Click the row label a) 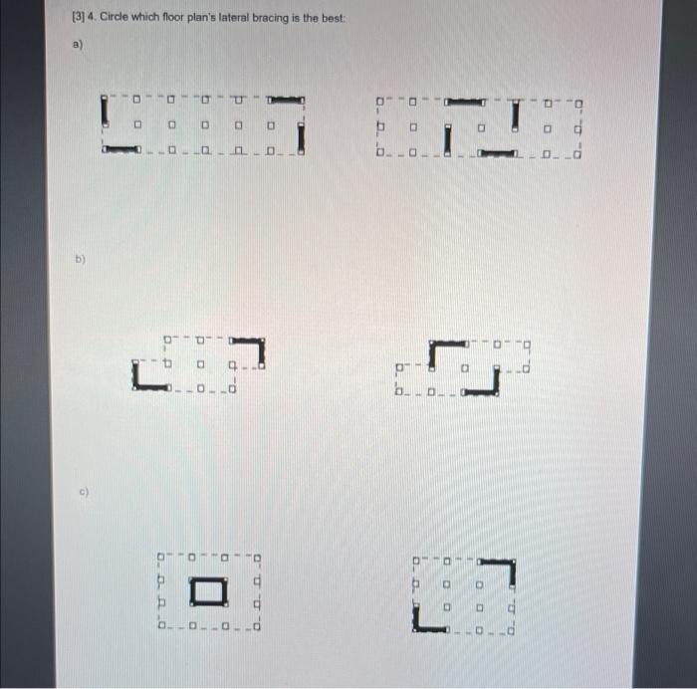[78, 46]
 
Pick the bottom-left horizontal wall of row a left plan [120, 149]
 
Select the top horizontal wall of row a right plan [465, 101]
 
